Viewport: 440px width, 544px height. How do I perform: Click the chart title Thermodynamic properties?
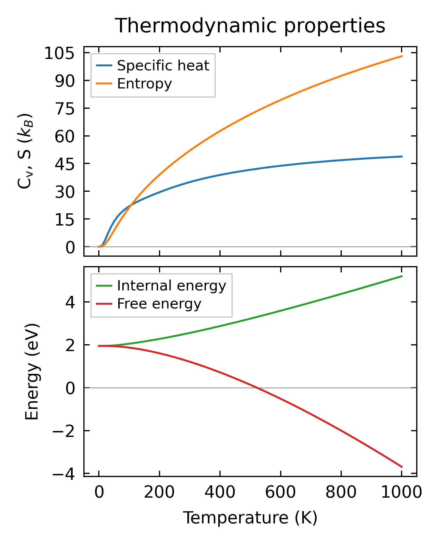click(x=250, y=26)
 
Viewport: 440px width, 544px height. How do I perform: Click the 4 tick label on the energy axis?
click(x=70, y=302)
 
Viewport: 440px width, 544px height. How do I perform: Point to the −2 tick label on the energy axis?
click(x=64, y=431)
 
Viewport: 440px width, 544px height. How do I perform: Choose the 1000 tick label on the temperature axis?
click(x=402, y=493)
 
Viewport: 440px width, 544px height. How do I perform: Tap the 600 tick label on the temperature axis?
click(x=280, y=493)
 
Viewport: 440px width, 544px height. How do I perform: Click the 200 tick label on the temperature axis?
click(x=159, y=493)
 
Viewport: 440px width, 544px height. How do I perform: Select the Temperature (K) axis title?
click(x=250, y=518)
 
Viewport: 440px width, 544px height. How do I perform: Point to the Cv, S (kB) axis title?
click(x=25, y=151)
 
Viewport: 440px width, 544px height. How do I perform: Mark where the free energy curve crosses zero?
click(x=257, y=388)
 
